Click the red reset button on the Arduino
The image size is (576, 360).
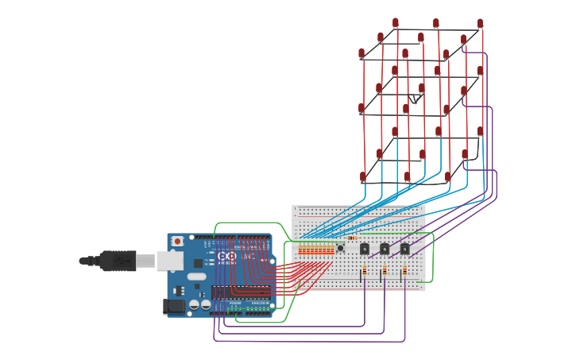click(x=178, y=241)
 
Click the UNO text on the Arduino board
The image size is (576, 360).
click(x=248, y=256)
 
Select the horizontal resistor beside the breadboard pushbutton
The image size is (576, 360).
click(x=353, y=238)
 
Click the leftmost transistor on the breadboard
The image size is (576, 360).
click(x=365, y=249)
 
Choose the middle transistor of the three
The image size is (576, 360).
click(x=385, y=249)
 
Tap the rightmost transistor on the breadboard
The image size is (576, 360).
click(x=405, y=249)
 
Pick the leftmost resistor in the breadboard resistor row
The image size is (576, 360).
click(x=302, y=251)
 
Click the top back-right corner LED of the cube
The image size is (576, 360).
click(x=480, y=24)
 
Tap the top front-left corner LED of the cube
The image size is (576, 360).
click(x=361, y=54)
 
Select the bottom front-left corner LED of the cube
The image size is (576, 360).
click(x=363, y=176)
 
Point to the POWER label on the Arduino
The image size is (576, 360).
click(x=235, y=303)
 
